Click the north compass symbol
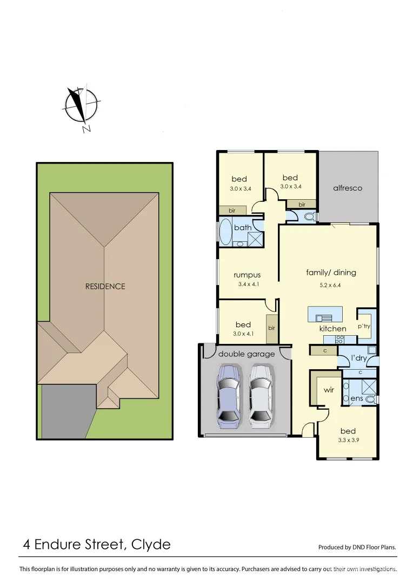82,105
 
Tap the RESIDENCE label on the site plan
105,287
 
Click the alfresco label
348,188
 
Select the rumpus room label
247,275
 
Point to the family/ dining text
331,273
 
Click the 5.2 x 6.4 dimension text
331,284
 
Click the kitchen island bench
325,314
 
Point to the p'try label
364,326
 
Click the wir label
329,389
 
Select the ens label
356,399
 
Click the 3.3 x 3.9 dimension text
348,440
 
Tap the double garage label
246,354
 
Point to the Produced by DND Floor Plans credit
357,547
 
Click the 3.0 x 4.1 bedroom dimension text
243,334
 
